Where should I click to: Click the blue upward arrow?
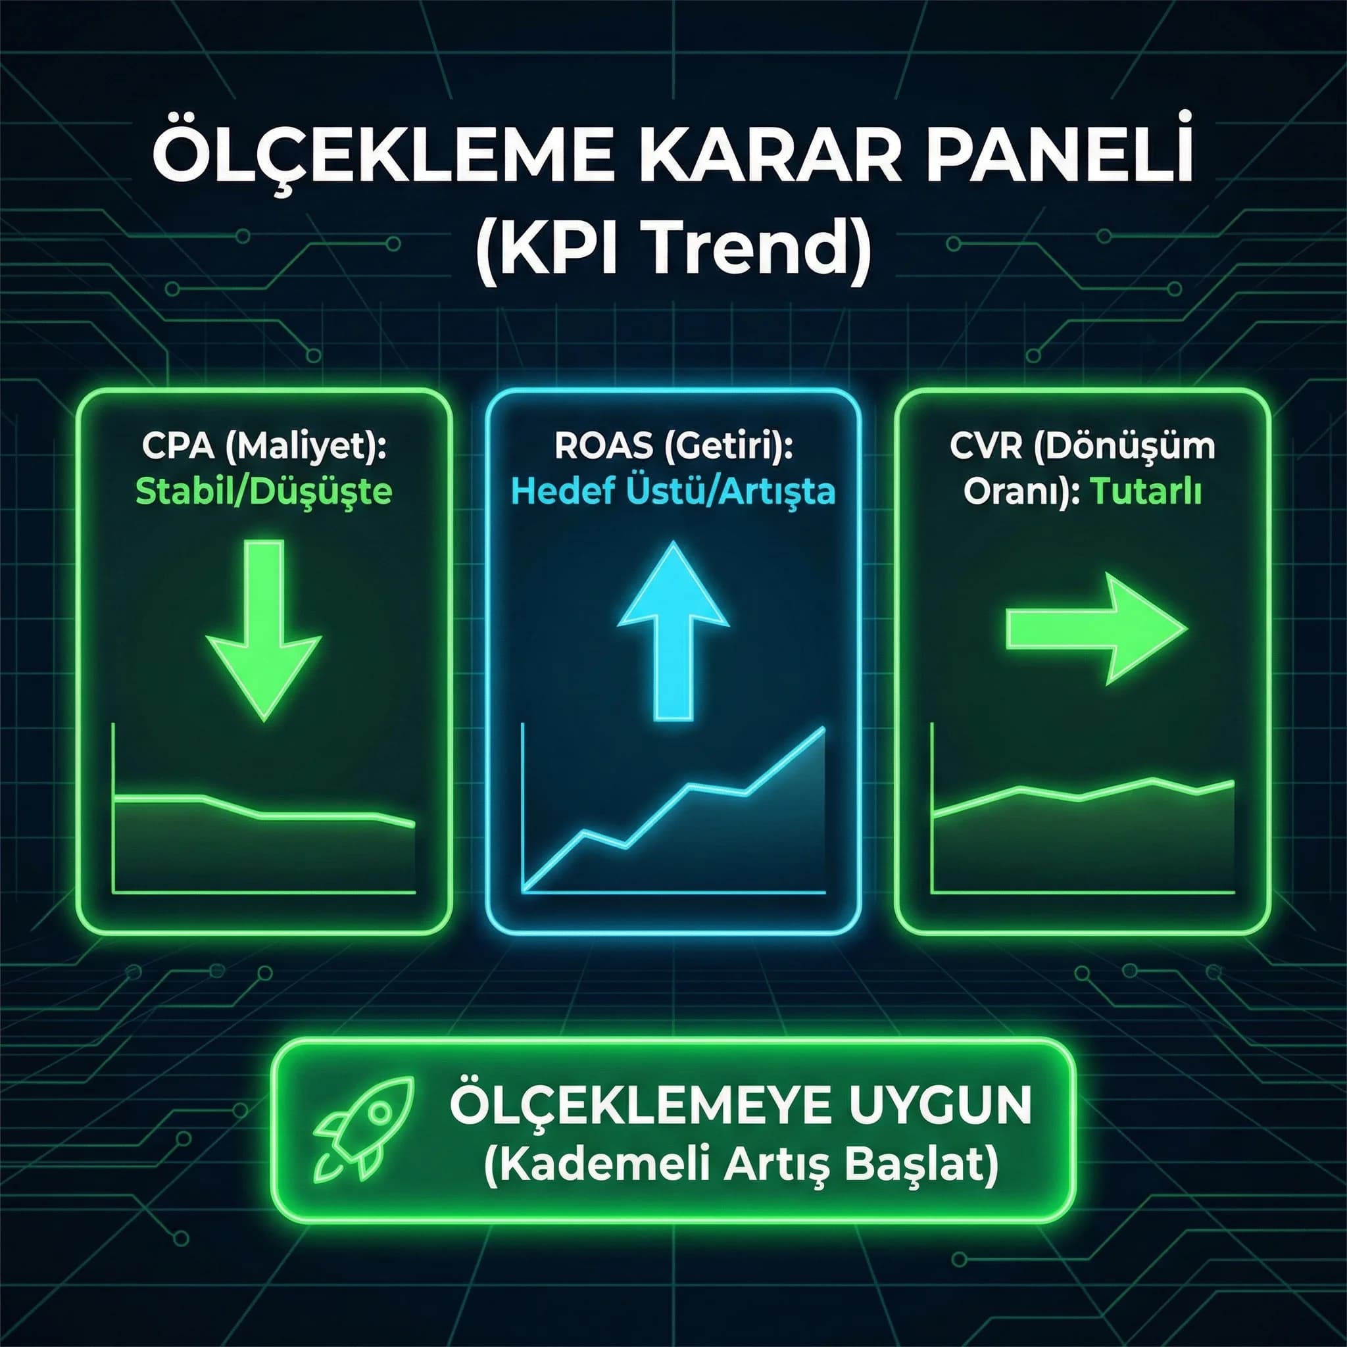click(673, 627)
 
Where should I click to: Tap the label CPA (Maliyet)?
click(264, 446)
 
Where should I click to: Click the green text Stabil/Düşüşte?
click(264, 491)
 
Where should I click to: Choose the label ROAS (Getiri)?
click(673, 446)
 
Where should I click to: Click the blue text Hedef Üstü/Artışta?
click(673, 491)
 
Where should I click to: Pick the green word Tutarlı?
click(1146, 492)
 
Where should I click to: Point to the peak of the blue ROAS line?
click(824, 729)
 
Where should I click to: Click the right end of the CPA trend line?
click(414, 825)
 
